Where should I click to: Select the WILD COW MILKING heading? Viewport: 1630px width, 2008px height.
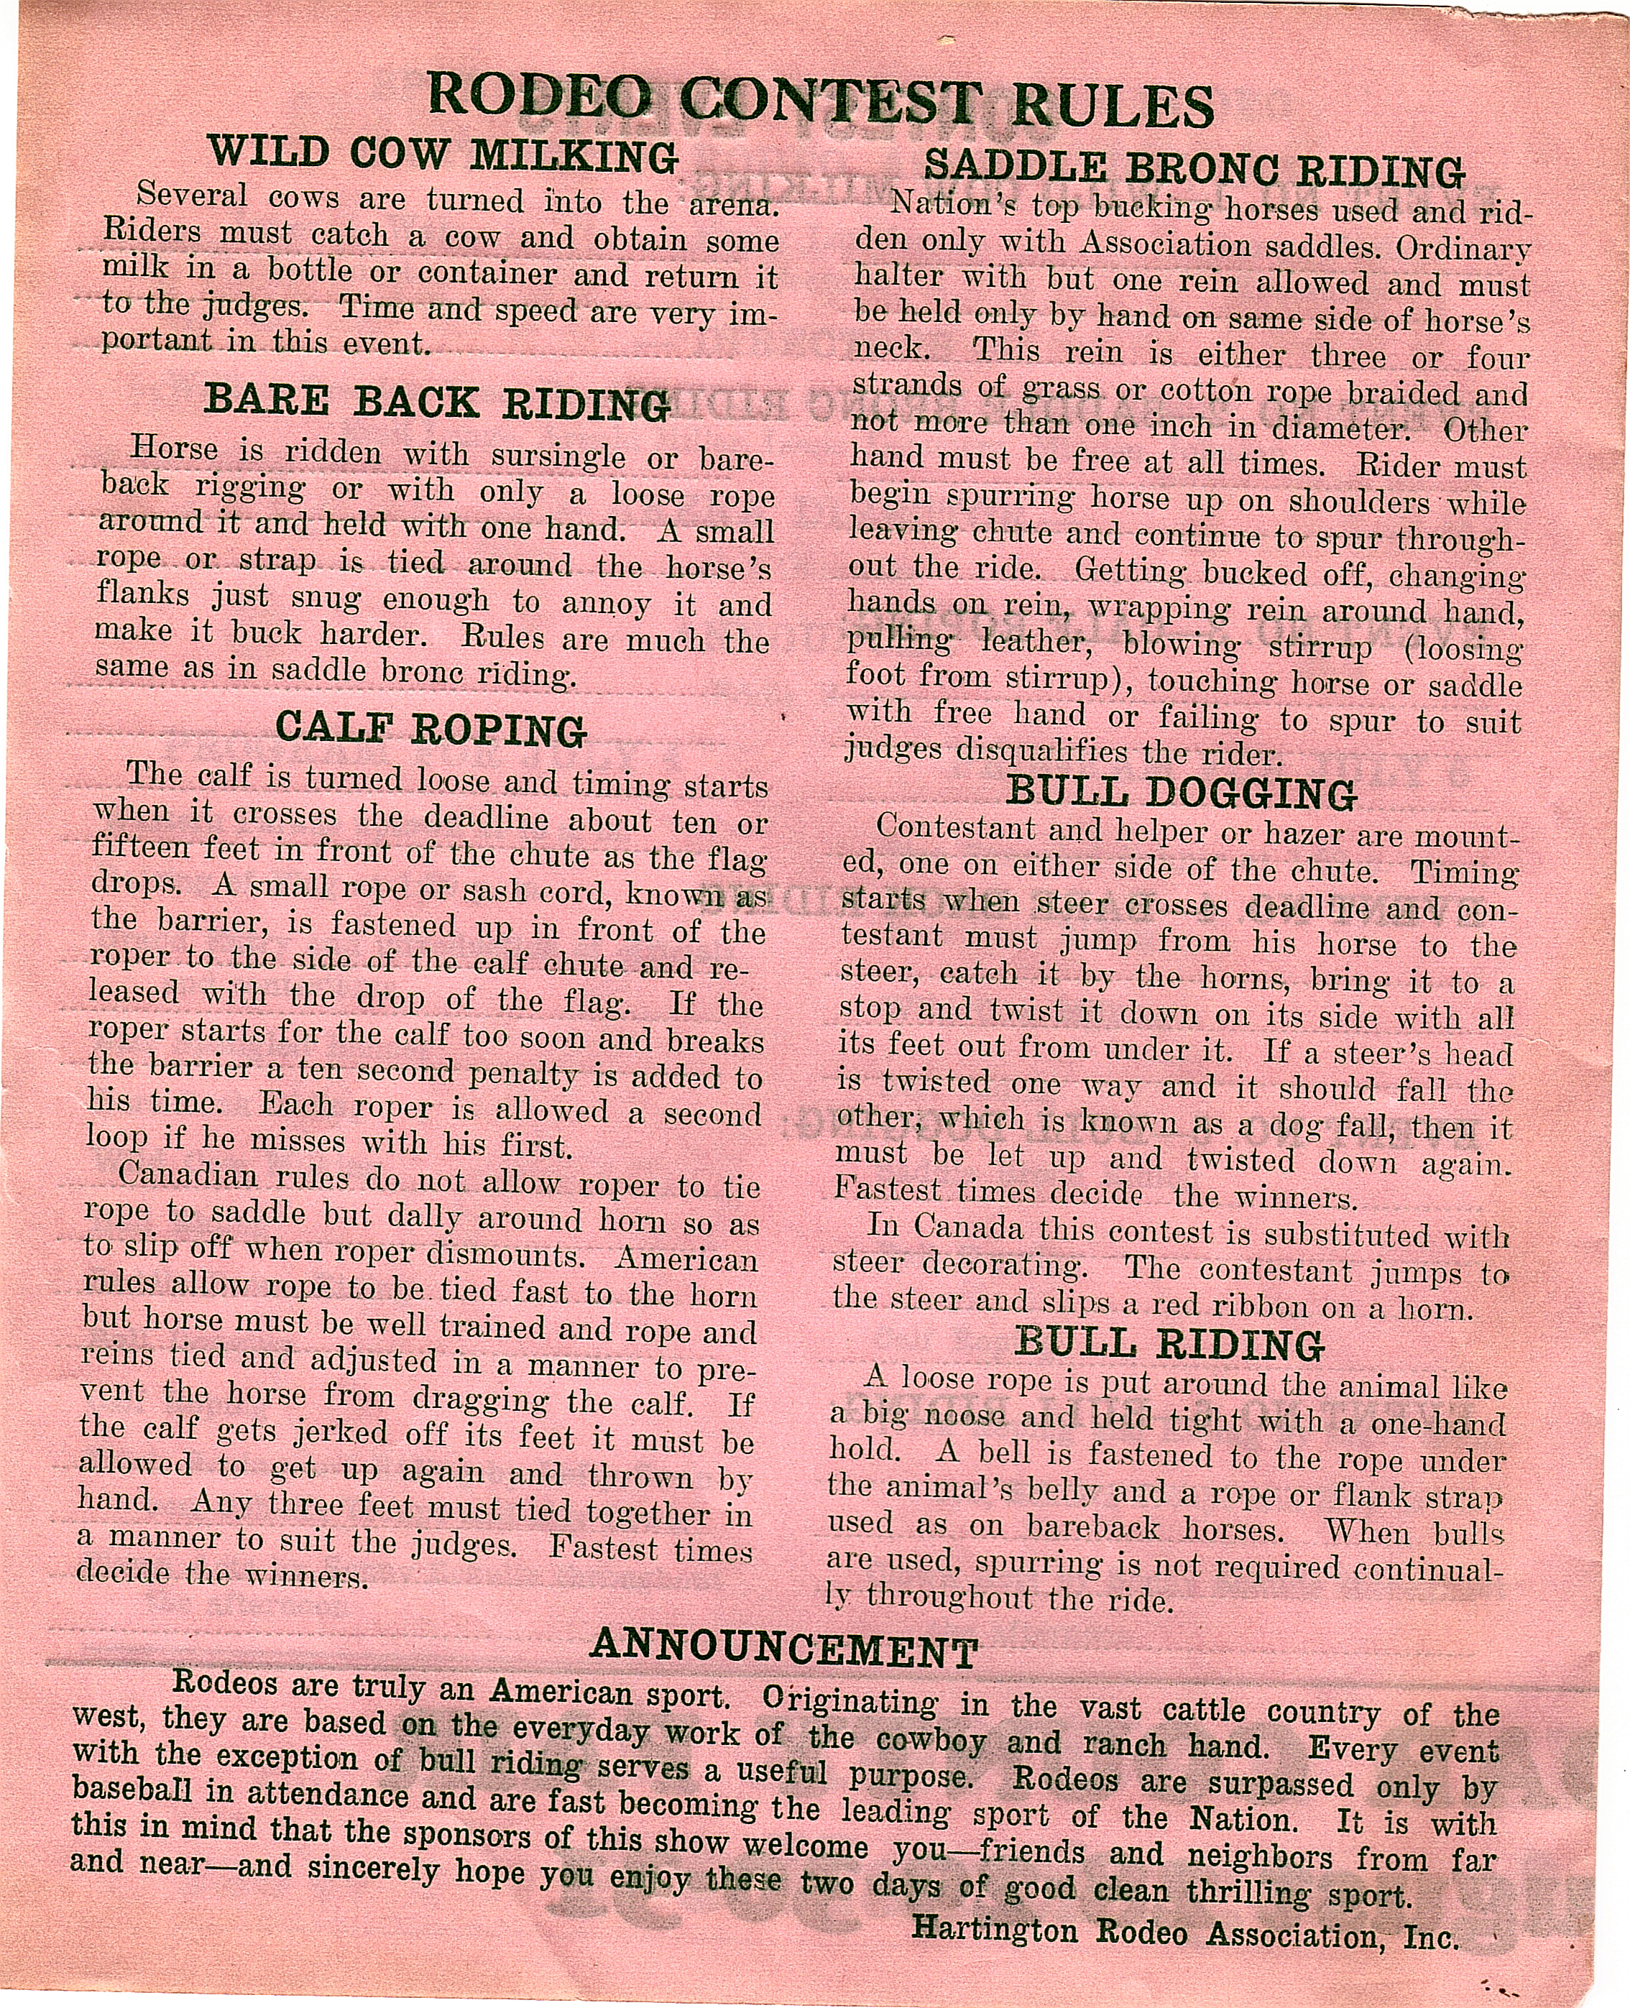click(441, 153)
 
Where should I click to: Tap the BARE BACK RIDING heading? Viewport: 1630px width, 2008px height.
click(437, 402)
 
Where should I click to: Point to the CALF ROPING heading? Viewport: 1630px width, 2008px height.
click(431, 729)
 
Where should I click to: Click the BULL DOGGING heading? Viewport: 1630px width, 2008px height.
click(1182, 793)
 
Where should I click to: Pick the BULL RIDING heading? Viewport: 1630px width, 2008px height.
click(1169, 1345)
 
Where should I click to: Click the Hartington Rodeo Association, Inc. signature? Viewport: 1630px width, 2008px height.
click(1185, 1931)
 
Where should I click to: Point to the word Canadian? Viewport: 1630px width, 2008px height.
click(188, 1175)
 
